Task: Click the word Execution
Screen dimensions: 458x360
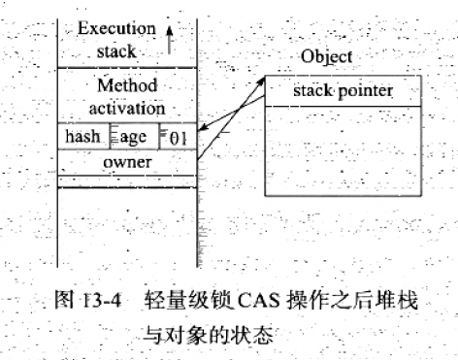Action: click(x=116, y=28)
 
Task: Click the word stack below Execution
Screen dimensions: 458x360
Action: click(x=116, y=51)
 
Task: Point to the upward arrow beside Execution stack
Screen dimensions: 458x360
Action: click(x=169, y=40)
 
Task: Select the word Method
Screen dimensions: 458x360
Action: click(x=127, y=85)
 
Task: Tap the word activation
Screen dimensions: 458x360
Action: click(x=127, y=109)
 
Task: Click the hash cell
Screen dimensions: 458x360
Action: click(x=83, y=136)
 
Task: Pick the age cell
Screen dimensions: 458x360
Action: click(x=135, y=136)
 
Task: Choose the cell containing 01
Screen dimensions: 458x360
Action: click(x=179, y=136)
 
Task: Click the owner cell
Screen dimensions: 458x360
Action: click(x=127, y=163)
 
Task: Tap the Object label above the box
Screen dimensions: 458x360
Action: click(x=327, y=57)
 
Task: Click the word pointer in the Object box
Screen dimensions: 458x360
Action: click(x=366, y=91)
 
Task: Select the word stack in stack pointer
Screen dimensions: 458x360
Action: click(x=312, y=90)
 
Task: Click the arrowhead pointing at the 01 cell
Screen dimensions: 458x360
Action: click(x=202, y=128)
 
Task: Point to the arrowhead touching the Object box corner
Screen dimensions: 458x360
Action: click(x=261, y=82)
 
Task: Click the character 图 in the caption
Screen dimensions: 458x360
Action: click(x=65, y=300)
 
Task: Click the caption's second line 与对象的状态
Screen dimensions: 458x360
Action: click(x=208, y=335)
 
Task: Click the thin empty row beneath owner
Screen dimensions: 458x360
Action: click(x=127, y=181)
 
